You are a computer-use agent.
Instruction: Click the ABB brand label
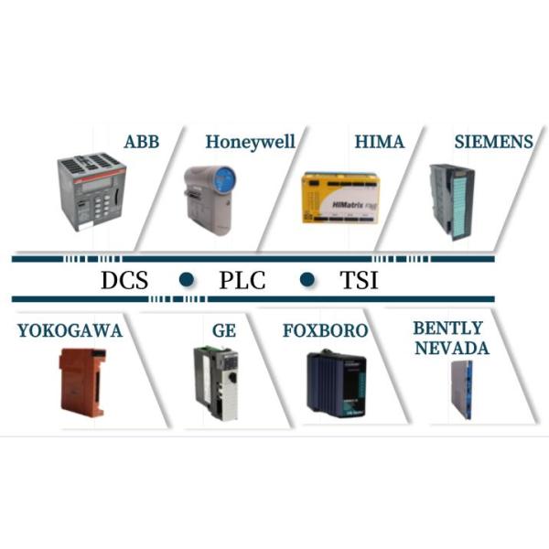(x=141, y=142)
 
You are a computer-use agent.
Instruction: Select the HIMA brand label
(x=378, y=142)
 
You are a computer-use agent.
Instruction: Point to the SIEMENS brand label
(x=494, y=142)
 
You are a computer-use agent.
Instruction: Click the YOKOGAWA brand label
(x=69, y=330)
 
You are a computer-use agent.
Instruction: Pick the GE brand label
(x=223, y=330)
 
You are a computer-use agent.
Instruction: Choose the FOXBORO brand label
(x=325, y=330)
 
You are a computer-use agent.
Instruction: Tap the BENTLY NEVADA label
(x=451, y=338)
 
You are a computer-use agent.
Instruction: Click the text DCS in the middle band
(x=124, y=280)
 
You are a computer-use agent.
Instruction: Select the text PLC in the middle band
(x=242, y=280)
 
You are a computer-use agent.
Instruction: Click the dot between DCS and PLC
(x=187, y=279)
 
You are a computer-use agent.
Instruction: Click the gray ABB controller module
(x=91, y=192)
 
